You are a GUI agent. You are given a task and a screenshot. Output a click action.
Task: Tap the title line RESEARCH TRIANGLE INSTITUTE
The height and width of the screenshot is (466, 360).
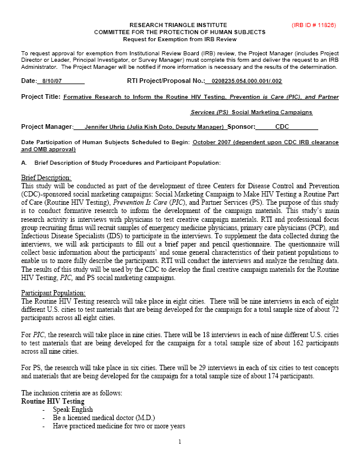click(x=179, y=25)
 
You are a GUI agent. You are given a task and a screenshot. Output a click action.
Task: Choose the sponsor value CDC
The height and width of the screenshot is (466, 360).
click(x=282, y=127)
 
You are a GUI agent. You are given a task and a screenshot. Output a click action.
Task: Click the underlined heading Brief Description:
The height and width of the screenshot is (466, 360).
click(x=46, y=178)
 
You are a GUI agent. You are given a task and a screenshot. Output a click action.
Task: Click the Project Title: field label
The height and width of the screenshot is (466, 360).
click(x=41, y=96)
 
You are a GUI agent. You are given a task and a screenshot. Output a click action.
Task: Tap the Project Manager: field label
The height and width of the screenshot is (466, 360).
click(x=47, y=127)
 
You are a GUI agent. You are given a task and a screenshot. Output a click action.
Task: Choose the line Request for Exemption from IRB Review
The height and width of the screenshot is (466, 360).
click(x=179, y=39)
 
